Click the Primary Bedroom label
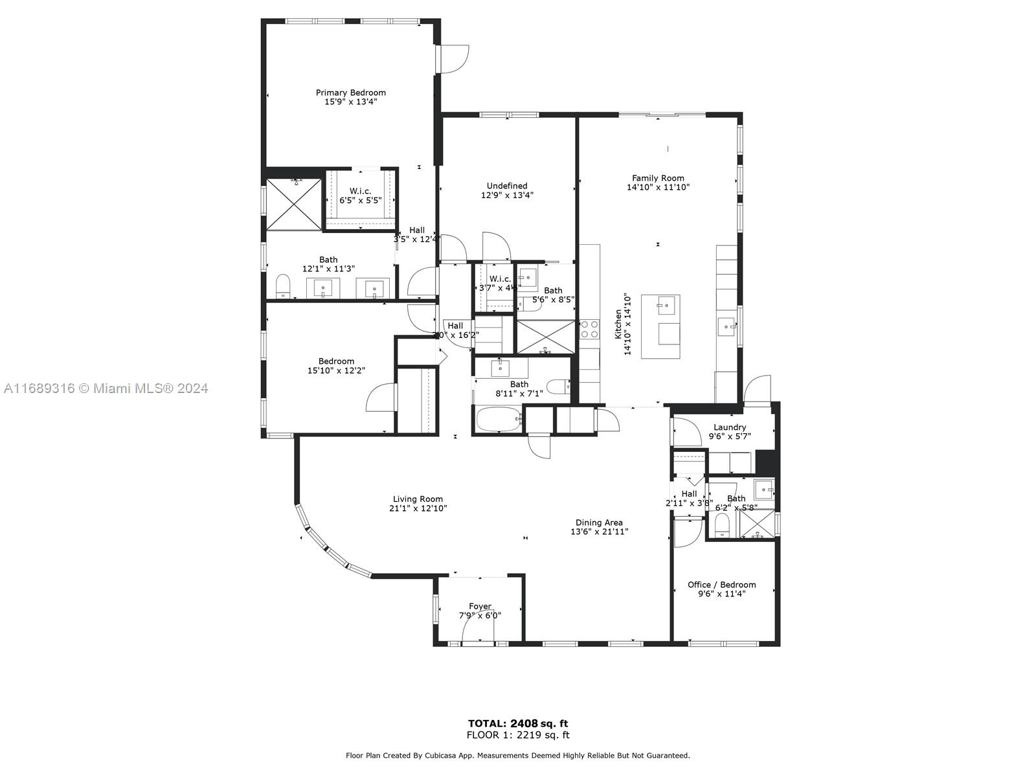click(350, 93)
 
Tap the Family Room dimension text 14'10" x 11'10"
click(658, 188)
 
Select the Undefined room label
click(507, 186)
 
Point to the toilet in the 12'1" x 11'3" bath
click(283, 286)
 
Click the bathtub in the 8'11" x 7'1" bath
click(499, 419)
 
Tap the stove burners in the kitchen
click(589, 330)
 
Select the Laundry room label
click(730, 427)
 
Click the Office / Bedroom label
click(721, 585)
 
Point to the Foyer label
click(480, 607)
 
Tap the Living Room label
click(418, 499)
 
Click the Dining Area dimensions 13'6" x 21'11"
click(599, 532)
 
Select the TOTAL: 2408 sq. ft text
click(518, 723)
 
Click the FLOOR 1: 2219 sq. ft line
click(518, 735)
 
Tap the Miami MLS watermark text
click(106, 388)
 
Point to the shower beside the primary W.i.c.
click(294, 204)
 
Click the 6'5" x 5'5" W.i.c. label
click(360, 196)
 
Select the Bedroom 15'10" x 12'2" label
click(336, 366)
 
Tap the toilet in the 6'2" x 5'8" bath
click(721, 525)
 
